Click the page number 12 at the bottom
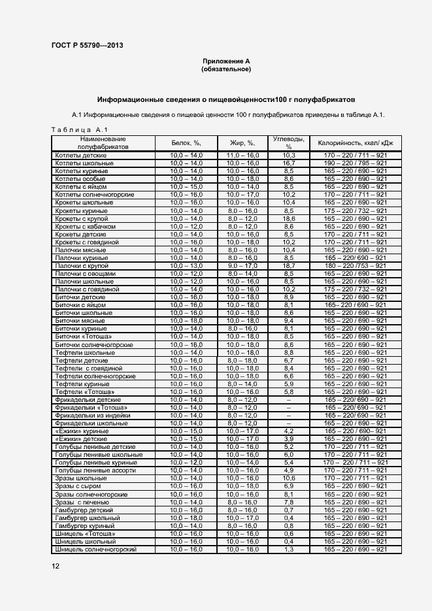click(x=56, y=566)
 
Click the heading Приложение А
click(x=226, y=61)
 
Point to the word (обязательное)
click(x=226, y=69)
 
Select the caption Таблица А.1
click(x=74, y=130)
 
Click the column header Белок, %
click(x=186, y=142)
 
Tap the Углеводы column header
click(x=288, y=142)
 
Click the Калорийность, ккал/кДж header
click(x=356, y=142)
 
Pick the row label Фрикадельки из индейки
click(x=90, y=416)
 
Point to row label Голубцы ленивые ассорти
click(x=95, y=471)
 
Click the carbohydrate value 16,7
click(x=288, y=163)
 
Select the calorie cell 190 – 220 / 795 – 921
click(x=356, y=163)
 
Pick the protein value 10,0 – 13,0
click(x=186, y=266)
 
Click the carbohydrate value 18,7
click(x=288, y=266)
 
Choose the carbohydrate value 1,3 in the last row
click(x=288, y=550)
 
